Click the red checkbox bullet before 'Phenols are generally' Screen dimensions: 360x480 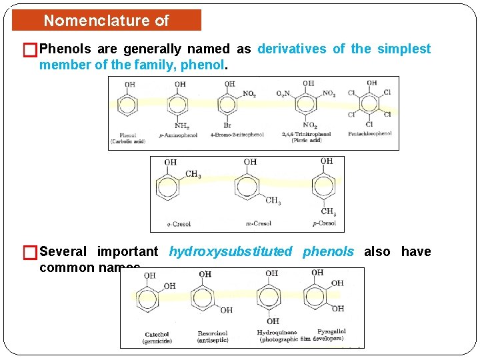point(29,49)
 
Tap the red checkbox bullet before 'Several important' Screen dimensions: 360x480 point(29,252)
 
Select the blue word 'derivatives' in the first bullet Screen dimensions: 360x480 point(292,49)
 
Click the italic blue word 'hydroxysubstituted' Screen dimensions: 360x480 point(230,251)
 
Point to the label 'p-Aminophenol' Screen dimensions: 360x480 point(179,135)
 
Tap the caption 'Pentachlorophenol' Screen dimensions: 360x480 point(369,134)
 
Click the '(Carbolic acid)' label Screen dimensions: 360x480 point(129,141)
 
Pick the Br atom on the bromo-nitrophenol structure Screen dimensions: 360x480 point(227,125)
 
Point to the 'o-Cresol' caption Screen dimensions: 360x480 point(178,224)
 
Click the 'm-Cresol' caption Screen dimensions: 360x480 point(258,223)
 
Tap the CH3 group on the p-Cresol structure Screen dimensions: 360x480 point(329,211)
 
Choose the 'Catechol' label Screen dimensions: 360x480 point(157,334)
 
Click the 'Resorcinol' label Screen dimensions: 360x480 point(213,333)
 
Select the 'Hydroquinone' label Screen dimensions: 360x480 point(277,332)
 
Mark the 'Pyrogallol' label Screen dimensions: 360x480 point(331,331)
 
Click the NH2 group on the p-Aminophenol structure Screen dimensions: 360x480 point(181,125)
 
